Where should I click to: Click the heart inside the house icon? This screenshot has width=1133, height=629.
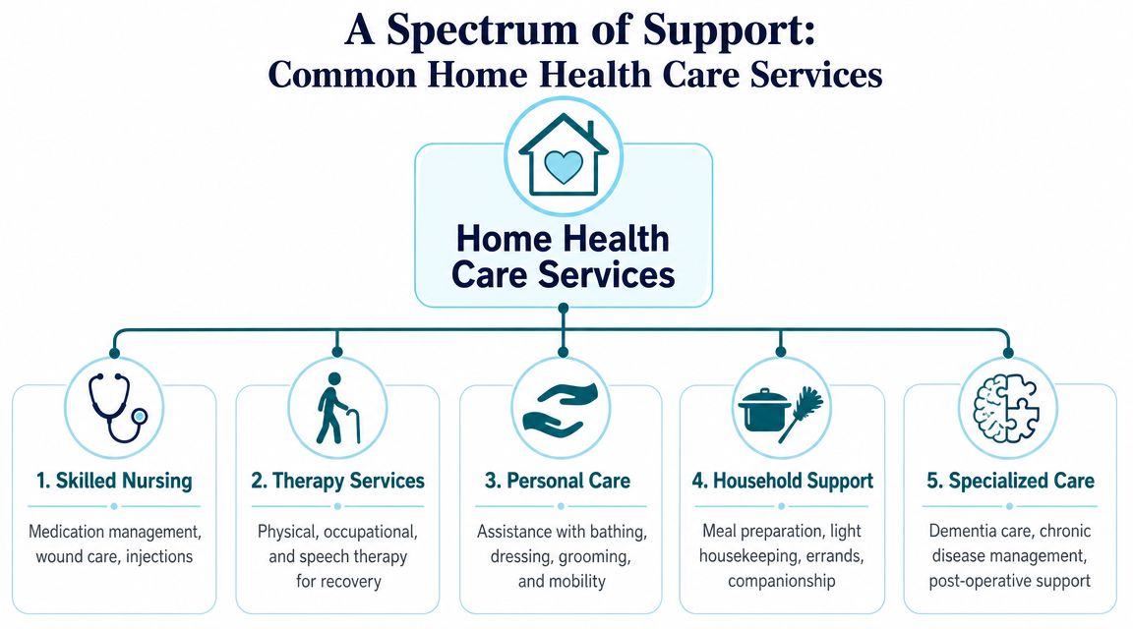coord(563,166)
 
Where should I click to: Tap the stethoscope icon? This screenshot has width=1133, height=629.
coord(117,407)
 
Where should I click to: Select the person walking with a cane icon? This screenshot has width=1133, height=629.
coord(336,408)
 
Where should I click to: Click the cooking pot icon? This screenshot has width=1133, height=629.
coord(764,410)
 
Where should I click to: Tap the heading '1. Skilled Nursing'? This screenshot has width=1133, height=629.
coord(114,481)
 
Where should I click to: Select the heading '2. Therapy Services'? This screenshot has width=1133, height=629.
coord(337,481)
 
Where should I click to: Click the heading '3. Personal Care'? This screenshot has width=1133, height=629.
coord(557,481)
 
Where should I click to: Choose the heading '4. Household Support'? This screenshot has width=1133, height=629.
coord(783,481)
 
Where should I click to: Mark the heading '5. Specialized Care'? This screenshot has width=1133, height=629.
coord(1010,481)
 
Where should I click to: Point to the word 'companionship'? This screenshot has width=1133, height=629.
coord(782,582)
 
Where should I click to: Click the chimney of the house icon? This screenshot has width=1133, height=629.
coord(590,132)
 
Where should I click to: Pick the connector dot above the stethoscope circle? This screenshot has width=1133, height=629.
coord(114,353)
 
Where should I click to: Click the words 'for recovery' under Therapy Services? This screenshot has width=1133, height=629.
coord(338,582)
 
